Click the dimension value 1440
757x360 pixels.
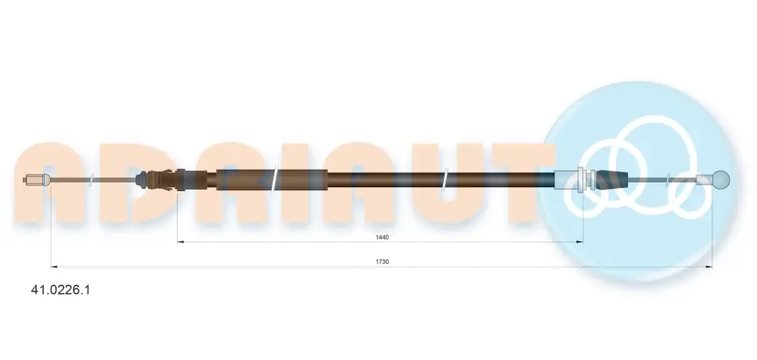[x=382, y=237]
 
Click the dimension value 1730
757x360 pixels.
[x=382, y=261]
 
